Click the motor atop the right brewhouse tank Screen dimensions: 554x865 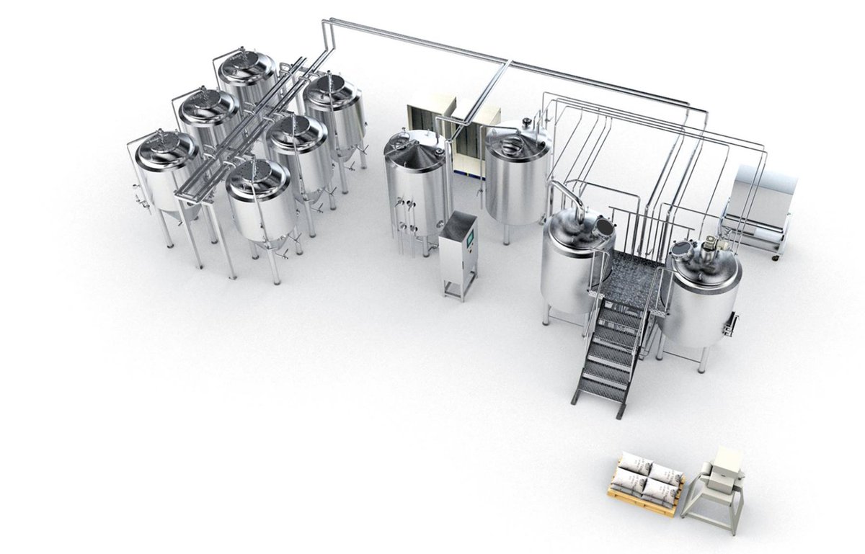[x=710, y=249]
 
